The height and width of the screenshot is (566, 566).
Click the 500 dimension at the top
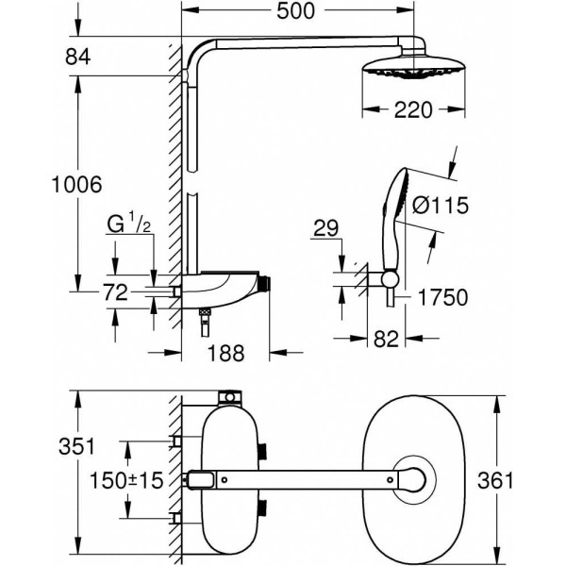[x=296, y=12]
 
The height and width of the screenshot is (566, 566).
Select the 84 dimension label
[x=78, y=58]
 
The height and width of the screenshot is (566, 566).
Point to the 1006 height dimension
[x=76, y=185]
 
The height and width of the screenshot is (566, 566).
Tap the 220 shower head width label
[x=415, y=110]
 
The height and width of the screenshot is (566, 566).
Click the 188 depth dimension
[x=225, y=353]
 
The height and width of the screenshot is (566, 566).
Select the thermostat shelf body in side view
[x=222, y=282]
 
